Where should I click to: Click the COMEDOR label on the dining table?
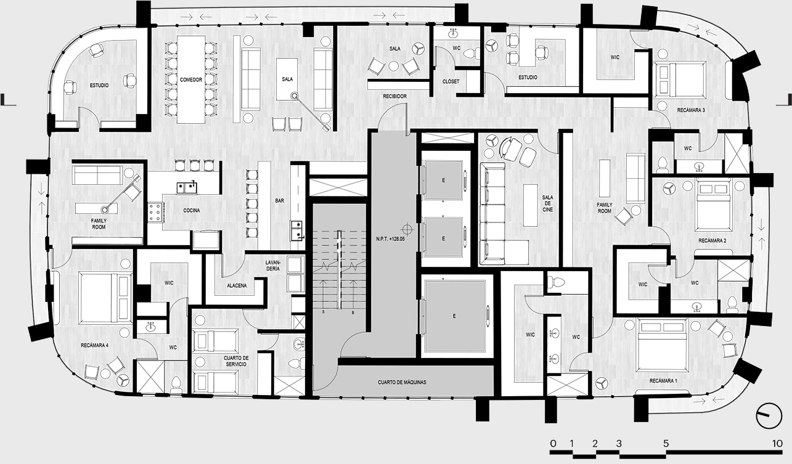191,80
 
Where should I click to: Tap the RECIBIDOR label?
394,96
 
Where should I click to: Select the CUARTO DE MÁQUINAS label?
402,383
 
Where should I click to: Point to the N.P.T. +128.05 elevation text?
390,239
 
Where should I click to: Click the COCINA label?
192,210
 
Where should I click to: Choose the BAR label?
280,200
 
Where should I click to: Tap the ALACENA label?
237,285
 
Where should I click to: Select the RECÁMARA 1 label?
663,381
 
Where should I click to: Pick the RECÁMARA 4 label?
94,345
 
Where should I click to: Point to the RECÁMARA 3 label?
691,110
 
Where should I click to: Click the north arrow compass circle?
769,416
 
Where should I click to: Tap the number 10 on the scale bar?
777,444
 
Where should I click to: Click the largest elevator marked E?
455,316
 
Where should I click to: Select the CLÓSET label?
451,81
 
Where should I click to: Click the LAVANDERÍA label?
273,266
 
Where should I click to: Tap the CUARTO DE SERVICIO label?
236,361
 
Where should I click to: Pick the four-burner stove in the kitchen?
155,212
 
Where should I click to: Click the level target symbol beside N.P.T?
407,229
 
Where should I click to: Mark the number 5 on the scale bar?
666,444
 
